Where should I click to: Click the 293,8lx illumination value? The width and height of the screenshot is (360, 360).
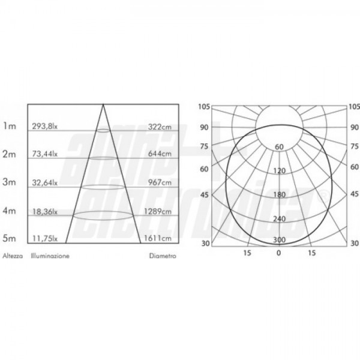pos(45,126)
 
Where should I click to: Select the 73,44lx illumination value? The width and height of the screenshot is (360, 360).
pos(45,154)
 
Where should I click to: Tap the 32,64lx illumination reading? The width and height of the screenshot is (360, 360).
pos(45,182)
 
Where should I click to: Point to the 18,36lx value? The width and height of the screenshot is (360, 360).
pos(45,211)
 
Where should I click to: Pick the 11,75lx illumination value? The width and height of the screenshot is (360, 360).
pos(45,239)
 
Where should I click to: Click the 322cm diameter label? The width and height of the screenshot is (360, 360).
pos(160,127)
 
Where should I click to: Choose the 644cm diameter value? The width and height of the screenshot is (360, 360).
pos(160,154)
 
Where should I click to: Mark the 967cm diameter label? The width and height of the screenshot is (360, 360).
pos(160,182)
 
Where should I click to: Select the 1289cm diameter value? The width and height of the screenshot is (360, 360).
pos(158,211)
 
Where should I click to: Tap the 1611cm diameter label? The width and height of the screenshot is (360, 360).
pos(158,238)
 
